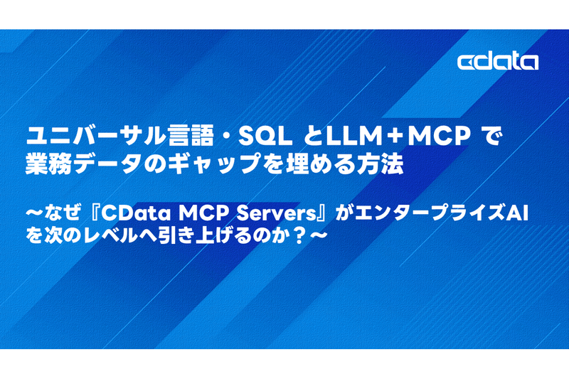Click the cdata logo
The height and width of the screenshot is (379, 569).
(x=497, y=62)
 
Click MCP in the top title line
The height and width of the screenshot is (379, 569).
(x=439, y=136)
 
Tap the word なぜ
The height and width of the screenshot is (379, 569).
(x=62, y=213)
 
